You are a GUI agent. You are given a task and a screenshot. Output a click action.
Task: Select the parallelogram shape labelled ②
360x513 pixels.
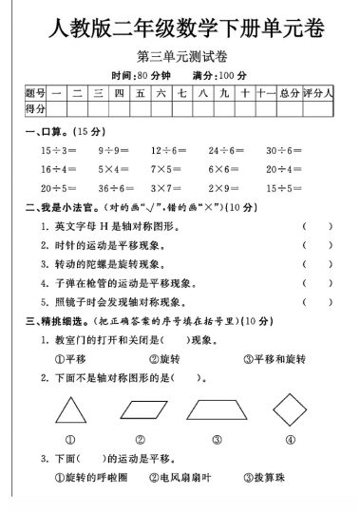click(140, 409)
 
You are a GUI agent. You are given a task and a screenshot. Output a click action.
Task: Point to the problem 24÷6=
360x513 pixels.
click(227, 150)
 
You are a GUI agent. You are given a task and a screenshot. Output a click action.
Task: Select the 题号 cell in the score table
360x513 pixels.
click(35, 93)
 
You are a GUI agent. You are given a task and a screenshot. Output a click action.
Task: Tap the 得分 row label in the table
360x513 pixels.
click(35, 112)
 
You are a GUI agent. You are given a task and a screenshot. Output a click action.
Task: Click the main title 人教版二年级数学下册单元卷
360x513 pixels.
click(180, 28)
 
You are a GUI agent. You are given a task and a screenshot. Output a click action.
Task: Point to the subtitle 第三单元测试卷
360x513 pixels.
click(180, 58)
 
